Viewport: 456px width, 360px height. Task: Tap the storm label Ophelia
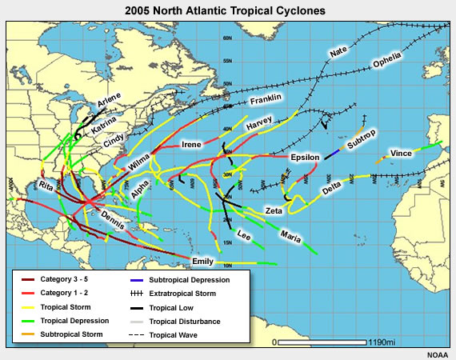coord(392,62)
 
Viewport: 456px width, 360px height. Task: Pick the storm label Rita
coord(46,186)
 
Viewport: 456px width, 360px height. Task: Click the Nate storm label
coord(338,53)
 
